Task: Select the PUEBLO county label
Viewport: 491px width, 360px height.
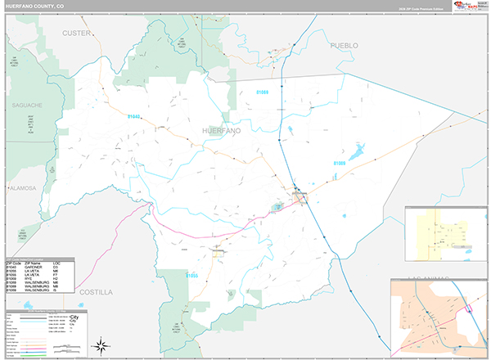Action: (x=345, y=46)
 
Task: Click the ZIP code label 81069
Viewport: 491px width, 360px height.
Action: (x=262, y=92)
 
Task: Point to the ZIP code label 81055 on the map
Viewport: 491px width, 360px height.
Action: (x=191, y=276)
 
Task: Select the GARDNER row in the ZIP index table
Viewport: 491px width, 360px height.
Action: (x=39, y=267)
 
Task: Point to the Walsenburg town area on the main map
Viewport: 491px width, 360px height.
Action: (x=300, y=196)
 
